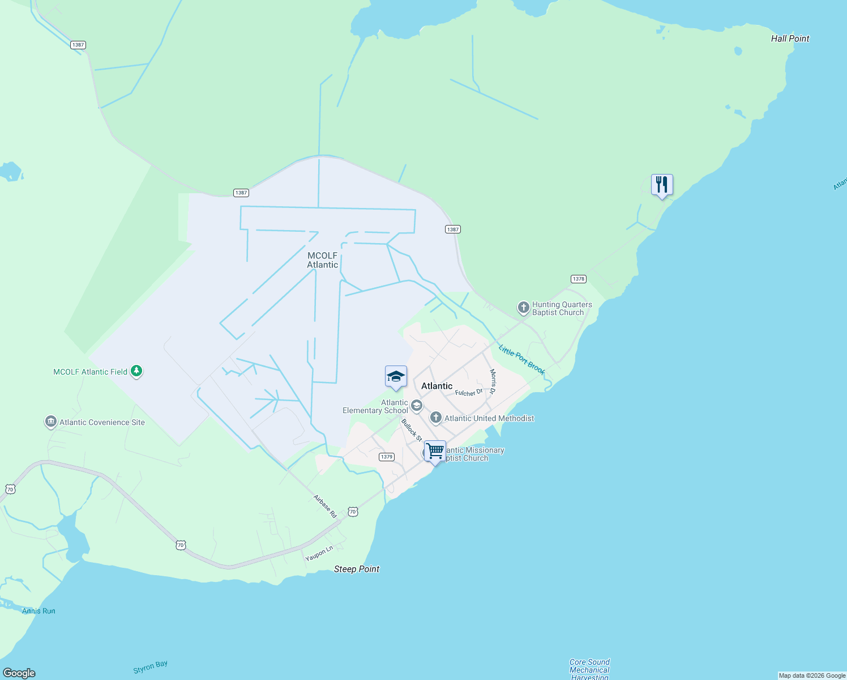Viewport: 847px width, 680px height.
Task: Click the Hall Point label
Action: pyautogui.click(x=790, y=39)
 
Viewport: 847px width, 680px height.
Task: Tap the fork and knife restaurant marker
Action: pyautogui.click(x=661, y=185)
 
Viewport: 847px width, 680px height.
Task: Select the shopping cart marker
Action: pyautogui.click(x=435, y=452)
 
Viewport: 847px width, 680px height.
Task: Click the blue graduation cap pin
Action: pyautogui.click(x=396, y=377)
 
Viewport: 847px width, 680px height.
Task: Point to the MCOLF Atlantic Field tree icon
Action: pyautogui.click(x=136, y=371)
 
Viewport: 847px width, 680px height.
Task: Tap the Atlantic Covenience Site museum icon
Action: pyautogui.click(x=50, y=422)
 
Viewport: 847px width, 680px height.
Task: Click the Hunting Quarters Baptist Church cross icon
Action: pyautogui.click(x=524, y=308)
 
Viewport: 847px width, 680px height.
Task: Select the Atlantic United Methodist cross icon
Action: pyautogui.click(x=435, y=418)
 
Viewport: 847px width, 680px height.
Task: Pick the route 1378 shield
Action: pyautogui.click(x=578, y=279)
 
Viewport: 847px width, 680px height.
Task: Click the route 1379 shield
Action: pyautogui.click(x=387, y=457)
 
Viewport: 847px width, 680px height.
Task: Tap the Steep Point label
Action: pyautogui.click(x=357, y=569)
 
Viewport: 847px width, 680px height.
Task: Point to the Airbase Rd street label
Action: pyautogui.click(x=326, y=506)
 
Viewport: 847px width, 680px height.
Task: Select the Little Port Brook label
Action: pyautogui.click(x=521, y=359)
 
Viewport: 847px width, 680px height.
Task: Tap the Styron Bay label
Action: pyautogui.click(x=151, y=667)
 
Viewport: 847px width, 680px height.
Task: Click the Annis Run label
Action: pyautogui.click(x=38, y=611)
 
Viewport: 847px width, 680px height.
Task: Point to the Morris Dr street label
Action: pyautogui.click(x=493, y=381)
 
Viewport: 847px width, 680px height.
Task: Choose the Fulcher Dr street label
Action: pyautogui.click(x=469, y=392)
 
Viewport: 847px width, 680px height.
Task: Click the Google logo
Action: pyautogui.click(x=19, y=673)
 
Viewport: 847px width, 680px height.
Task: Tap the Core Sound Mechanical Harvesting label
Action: pyautogui.click(x=589, y=669)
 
